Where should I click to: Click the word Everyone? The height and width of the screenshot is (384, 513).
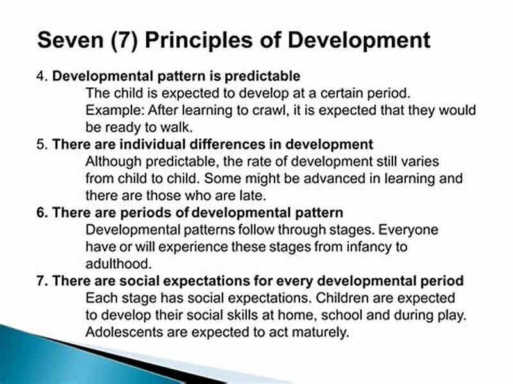(412, 230)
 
